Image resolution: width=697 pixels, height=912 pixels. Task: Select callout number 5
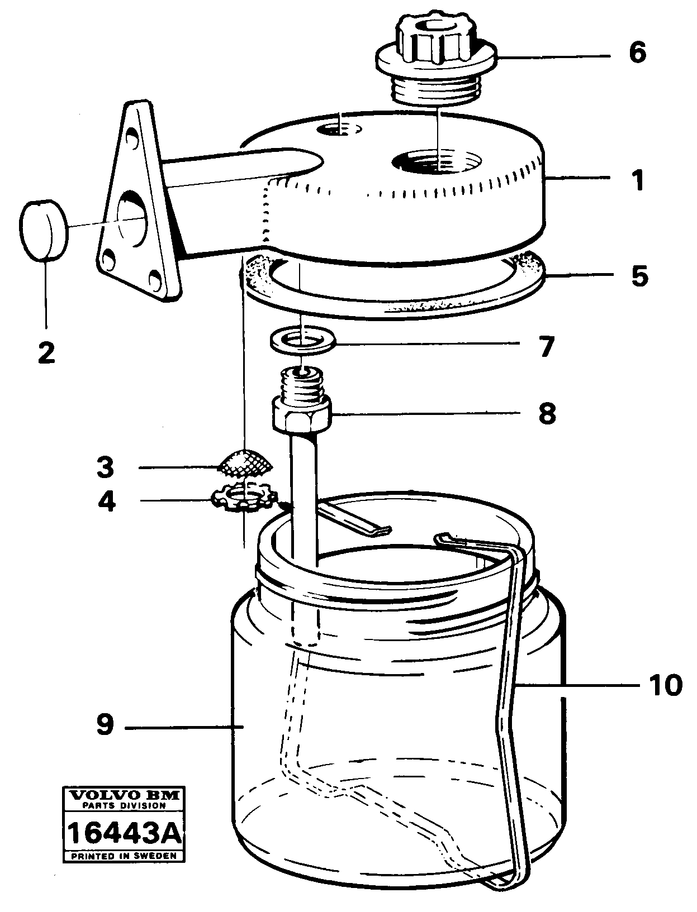click(x=639, y=276)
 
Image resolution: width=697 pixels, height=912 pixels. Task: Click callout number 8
click(x=547, y=414)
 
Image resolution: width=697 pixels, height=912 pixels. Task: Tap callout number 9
click(x=105, y=725)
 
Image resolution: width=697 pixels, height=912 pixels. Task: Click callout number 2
click(x=46, y=353)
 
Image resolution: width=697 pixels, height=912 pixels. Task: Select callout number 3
click(x=105, y=467)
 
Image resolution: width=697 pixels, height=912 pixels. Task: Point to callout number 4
click(x=106, y=501)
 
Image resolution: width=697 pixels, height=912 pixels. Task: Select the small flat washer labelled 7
click(x=302, y=340)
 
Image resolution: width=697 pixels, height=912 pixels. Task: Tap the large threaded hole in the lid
click(x=436, y=162)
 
